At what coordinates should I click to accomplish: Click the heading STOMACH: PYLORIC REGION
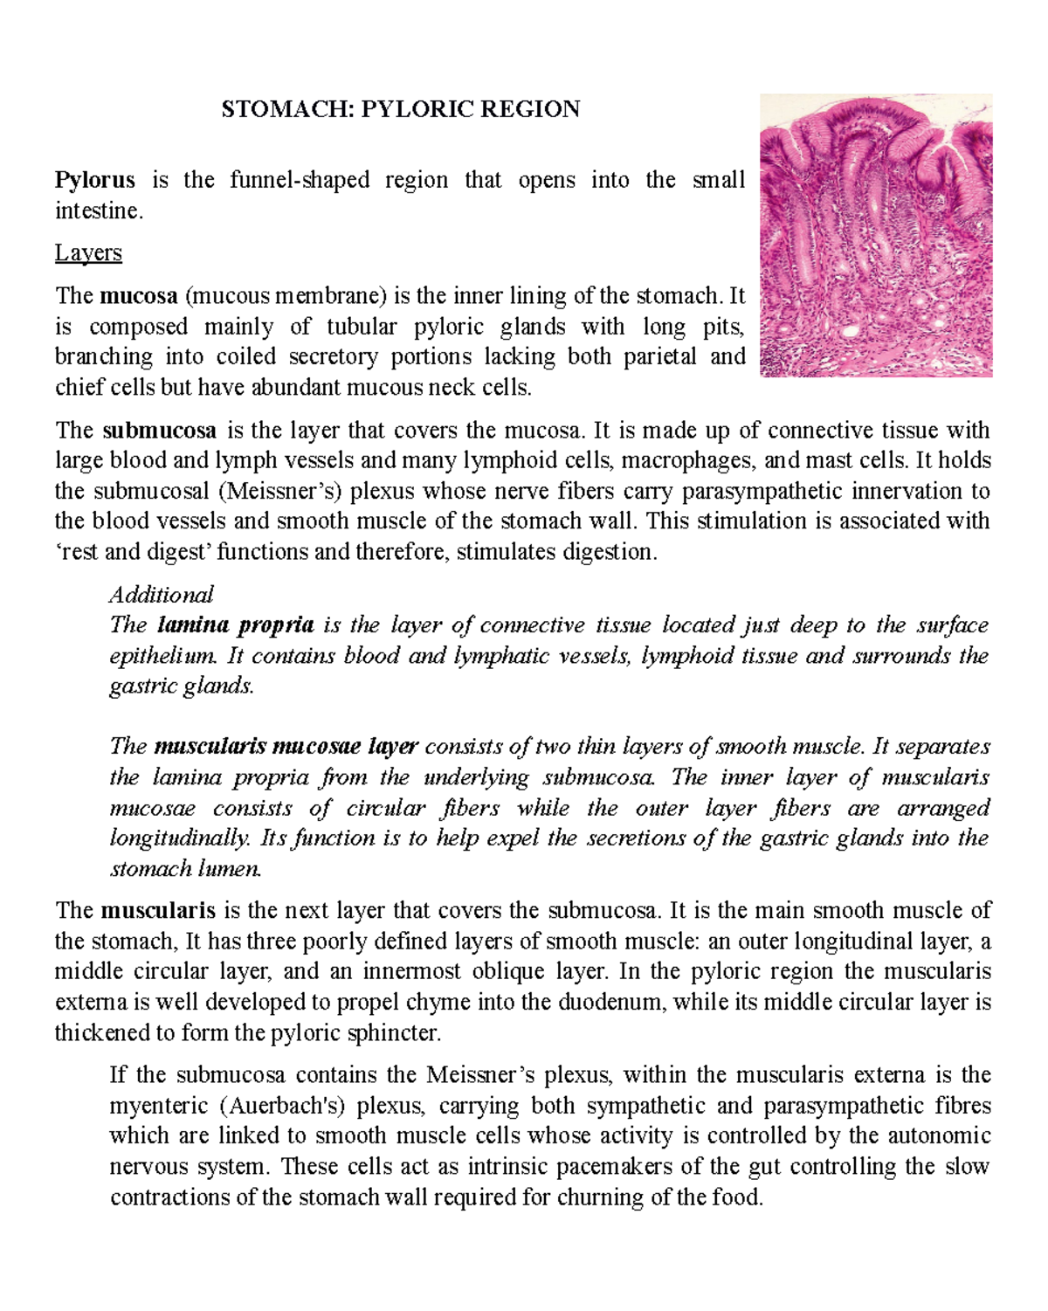click(x=400, y=109)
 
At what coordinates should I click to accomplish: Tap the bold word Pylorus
click(x=94, y=180)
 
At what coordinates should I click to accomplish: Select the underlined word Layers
click(x=88, y=253)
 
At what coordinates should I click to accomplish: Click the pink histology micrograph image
click(x=876, y=235)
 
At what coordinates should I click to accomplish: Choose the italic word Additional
click(x=161, y=595)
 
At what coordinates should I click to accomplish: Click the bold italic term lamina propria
click(x=235, y=625)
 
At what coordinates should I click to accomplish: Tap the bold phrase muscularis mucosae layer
click(x=286, y=747)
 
